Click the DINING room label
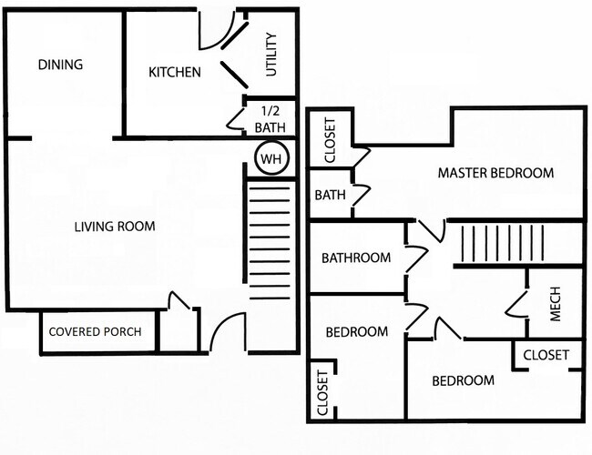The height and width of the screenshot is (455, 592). coord(61,65)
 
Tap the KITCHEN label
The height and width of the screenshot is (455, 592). coord(175,72)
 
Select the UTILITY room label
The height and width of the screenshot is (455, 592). coord(270,55)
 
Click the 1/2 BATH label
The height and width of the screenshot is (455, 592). coord(270,119)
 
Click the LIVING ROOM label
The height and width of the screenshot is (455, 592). coord(114,227)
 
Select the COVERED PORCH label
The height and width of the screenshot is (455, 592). coord(95,332)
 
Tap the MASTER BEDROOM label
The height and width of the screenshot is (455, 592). coord(495,173)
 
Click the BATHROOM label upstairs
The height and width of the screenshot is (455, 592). coord(355,258)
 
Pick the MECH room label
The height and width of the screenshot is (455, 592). coord(556,305)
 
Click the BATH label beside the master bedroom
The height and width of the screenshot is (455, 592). coord(329,195)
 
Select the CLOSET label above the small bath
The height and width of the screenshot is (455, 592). coord(330,140)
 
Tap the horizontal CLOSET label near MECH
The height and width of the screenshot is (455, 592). coord(546,355)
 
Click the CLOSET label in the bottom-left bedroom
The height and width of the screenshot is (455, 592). coord(322,392)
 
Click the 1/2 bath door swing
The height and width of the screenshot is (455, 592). coord(234,118)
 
